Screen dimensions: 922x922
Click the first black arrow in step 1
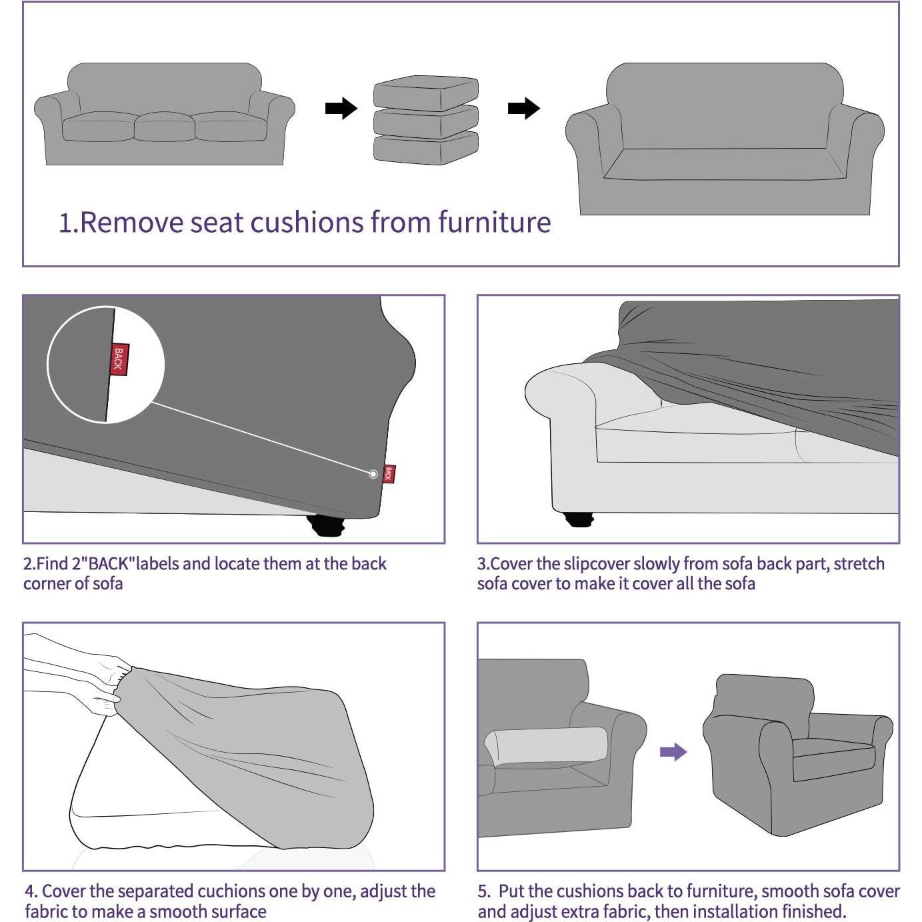coord(341,108)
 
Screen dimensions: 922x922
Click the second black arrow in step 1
coord(523,108)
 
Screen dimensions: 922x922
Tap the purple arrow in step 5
coord(673,752)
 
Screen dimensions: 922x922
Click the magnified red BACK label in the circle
coord(119,359)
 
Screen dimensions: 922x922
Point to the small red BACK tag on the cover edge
coord(389,474)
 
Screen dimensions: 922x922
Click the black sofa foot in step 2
coord(327,527)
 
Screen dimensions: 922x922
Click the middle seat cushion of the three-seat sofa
coord(163,127)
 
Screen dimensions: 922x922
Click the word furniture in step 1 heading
coord(494,223)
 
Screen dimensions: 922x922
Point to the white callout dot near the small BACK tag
coord(373,474)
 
